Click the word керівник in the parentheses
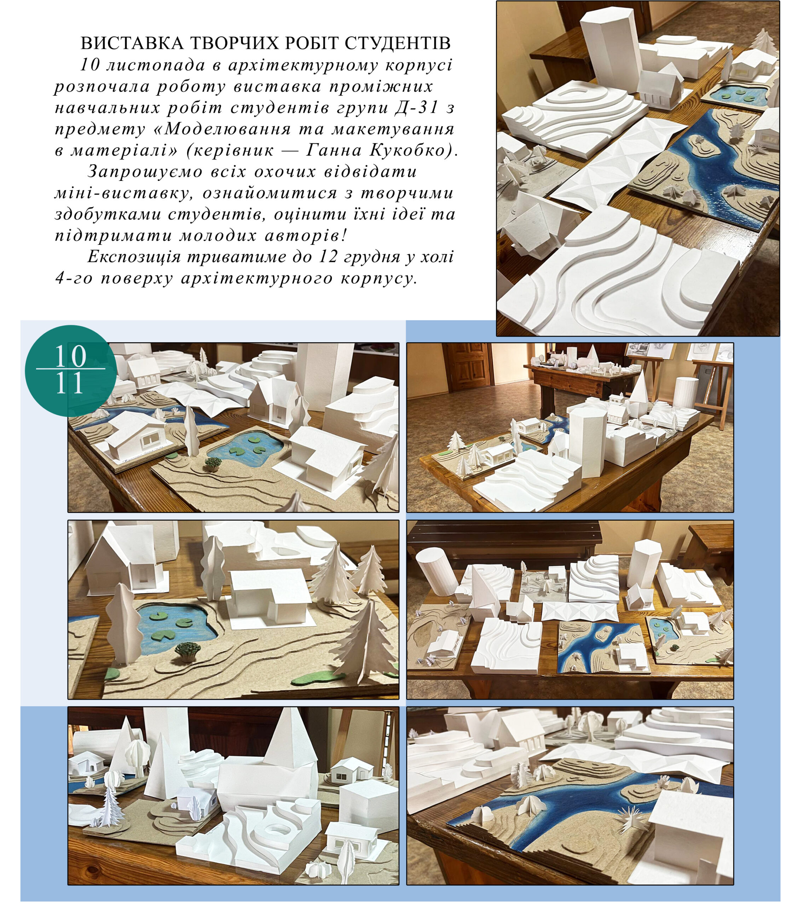pyautogui.click(x=231, y=150)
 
